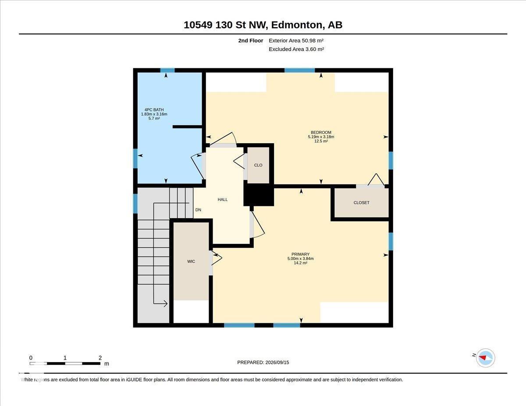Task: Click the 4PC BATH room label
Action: click(154, 110)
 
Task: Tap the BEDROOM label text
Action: click(321, 133)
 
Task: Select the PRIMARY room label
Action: click(300, 254)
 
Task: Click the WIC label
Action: click(191, 261)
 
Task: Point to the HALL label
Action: click(223, 199)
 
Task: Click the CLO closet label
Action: click(258, 165)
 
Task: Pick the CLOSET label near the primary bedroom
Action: click(361, 203)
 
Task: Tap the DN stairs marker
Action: click(198, 210)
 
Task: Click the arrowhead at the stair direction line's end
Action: click(166, 304)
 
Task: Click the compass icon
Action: click(485, 358)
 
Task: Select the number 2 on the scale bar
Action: click(100, 358)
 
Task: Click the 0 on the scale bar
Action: click(31, 358)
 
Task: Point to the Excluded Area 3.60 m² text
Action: click(296, 49)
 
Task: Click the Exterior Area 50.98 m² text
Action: click(296, 41)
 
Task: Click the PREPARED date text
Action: click(263, 363)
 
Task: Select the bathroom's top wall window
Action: click(167, 71)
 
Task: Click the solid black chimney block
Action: click(259, 194)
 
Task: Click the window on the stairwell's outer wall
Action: click(135, 204)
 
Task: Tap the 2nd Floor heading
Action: click(251, 41)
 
